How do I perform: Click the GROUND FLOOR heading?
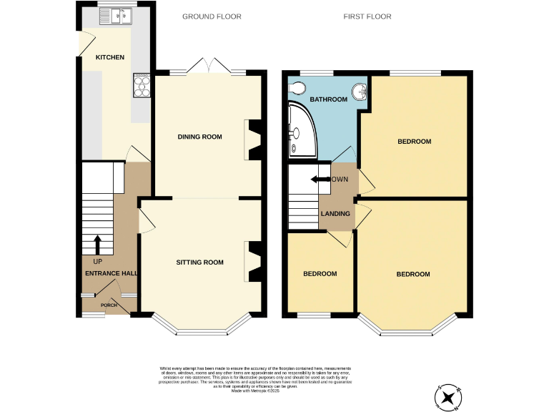[211, 16]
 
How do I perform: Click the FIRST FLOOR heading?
[367, 16]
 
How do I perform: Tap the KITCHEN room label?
[111, 57]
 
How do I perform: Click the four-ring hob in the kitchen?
[142, 85]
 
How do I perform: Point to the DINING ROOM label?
[199, 137]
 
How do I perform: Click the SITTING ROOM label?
[199, 263]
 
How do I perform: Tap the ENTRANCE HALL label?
[111, 273]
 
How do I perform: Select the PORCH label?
[109, 305]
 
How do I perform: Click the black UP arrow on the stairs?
[97, 245]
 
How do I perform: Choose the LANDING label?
[335, 213]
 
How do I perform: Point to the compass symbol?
[448, 398]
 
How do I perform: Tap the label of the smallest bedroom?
[320, 274]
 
